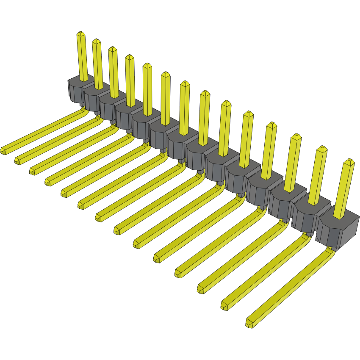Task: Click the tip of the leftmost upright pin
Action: [80, 33]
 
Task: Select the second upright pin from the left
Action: [97, 64]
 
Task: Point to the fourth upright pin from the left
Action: [130, 80]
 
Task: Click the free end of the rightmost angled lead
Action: [249, 324]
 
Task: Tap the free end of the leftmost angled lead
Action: [4, 150]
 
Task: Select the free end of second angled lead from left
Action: [18, 161]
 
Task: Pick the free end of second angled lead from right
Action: [224, 305]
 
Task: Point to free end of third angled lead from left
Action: [33, 171]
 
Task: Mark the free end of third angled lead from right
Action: [201, 289]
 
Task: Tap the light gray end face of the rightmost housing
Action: [350, 231]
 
